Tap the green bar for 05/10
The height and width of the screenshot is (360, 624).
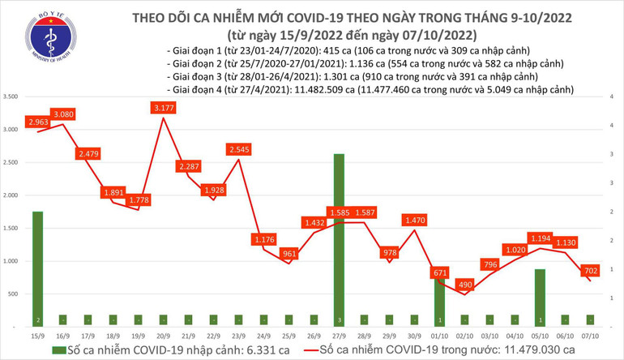[539, 296]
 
